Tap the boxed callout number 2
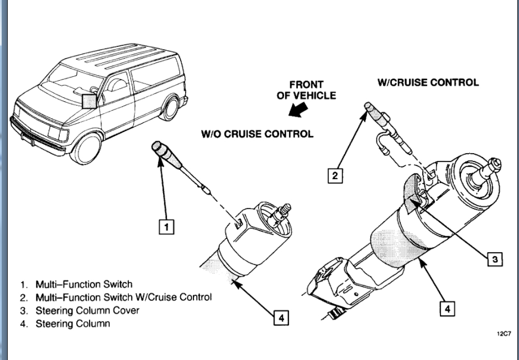(x=335, y=176)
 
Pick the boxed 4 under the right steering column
(x=447, y=309)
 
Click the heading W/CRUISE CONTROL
(x=428, y=82)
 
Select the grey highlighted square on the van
(x=89, y=101)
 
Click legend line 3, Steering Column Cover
(x=80, y=310)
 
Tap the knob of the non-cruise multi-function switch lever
(x=159, y=150)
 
